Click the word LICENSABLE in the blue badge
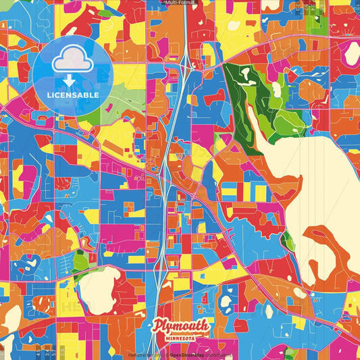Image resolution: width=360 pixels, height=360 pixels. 73,95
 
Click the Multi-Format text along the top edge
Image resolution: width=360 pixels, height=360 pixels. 180,3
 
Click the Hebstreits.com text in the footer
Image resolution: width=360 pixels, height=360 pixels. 144,355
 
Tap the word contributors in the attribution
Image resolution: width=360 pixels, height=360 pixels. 220,355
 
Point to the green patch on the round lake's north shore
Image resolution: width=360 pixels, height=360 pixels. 80,261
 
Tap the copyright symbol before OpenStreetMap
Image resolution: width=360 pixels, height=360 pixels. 167,355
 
